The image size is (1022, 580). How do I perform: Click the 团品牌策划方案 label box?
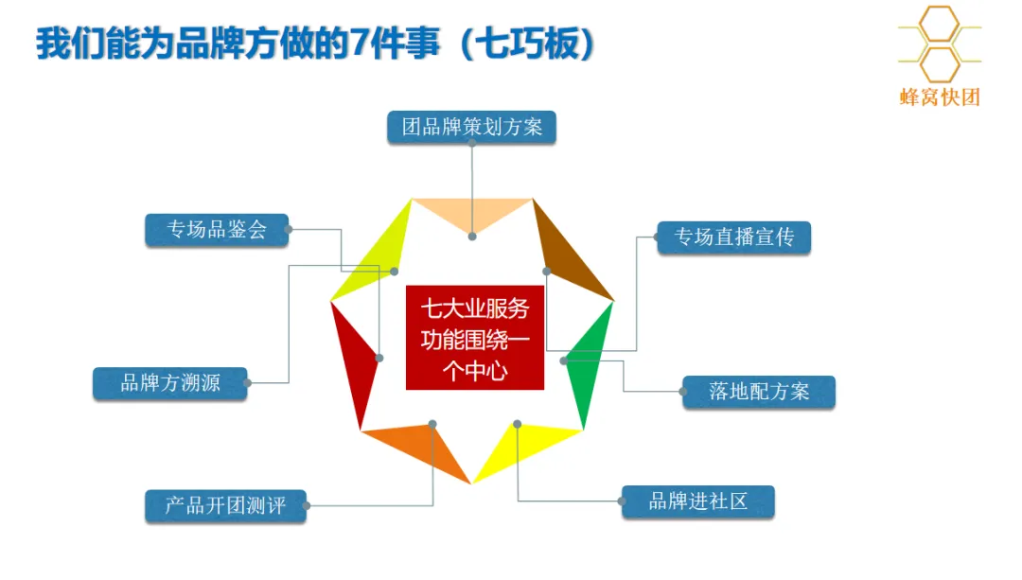[x=471, y=127]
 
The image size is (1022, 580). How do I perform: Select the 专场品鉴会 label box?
[x=217, y=230]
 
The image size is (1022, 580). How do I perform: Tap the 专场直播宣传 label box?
[x=733, y=237]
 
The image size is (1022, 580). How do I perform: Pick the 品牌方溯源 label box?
[x=170, y=383]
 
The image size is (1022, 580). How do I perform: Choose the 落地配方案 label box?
[x=759, y=392]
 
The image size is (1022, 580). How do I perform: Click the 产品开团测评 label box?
[x=225, y=505]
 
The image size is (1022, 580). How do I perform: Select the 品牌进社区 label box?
[x=697, y=501]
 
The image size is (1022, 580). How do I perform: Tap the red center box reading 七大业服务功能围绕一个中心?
[x=475, y=338]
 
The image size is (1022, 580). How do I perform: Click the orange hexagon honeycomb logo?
[x=940, y=43]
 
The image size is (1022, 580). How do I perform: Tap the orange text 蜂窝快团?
[x=940, y=97]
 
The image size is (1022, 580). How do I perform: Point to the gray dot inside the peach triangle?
[x=472, y=236]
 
